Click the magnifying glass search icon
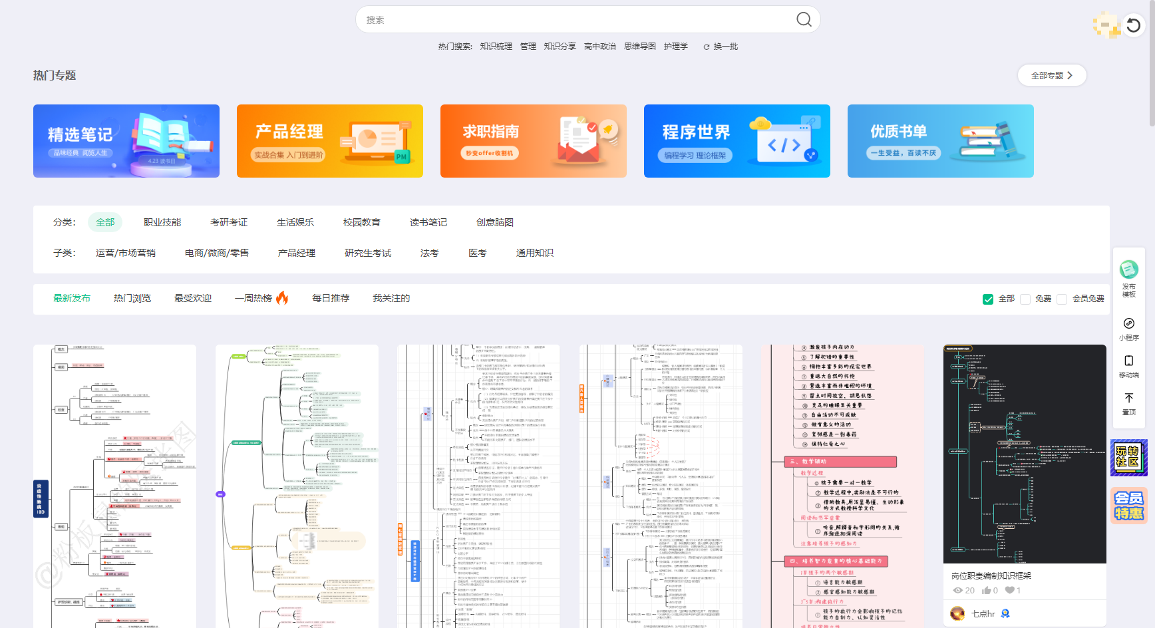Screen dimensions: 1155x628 [804, 19]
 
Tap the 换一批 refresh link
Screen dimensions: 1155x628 [721, 47]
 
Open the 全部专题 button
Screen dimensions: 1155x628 [1051, 76]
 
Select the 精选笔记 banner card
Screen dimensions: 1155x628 [126, 141]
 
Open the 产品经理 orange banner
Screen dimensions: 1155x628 [330, 141]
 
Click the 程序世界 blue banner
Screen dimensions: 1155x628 [737, 141]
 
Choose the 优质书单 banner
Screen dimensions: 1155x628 [940, 141]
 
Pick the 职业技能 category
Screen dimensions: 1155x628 [162, 222]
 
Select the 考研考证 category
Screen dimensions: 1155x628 [229, 222]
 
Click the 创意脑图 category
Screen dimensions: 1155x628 [495, 222]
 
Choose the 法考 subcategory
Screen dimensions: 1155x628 [430, 253]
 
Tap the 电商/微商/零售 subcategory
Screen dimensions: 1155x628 [217, 253]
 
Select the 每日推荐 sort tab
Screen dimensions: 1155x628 [331, 298]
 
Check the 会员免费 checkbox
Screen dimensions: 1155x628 [1063, 299]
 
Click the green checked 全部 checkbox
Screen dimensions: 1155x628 [988, 299]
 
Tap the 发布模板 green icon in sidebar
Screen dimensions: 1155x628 [1129, 270]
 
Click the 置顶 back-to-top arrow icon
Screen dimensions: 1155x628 [1129, 398]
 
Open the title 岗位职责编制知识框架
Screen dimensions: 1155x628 [991, 576]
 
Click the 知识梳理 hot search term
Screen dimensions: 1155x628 [496, 47]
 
